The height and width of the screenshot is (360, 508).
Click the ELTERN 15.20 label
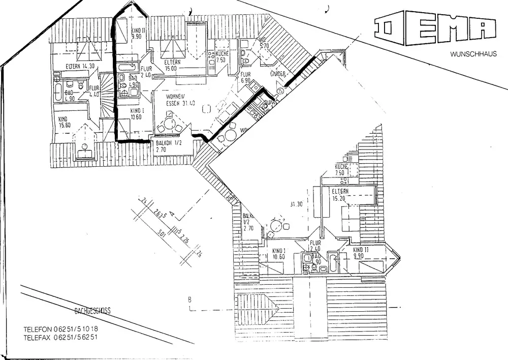tap(340, 195)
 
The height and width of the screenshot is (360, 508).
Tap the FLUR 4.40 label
tap(94, 91)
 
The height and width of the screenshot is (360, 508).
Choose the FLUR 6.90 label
tap(246, 77)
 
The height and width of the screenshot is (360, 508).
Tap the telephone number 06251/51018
tap(76, 329)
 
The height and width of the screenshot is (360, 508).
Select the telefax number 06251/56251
tap(76, 337)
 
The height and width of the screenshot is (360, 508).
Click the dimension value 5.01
tap(162, 233)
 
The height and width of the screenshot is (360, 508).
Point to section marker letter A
tap(172, 214)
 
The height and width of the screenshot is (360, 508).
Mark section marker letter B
tap(189, 299)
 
